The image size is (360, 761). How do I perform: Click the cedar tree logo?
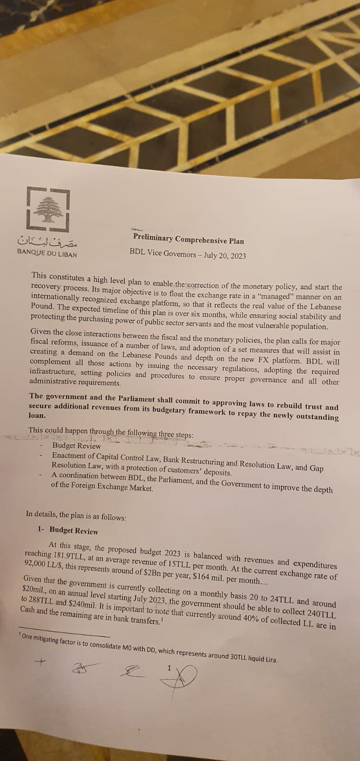coord(47,209)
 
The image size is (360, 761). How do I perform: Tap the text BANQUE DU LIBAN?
coord(47,254)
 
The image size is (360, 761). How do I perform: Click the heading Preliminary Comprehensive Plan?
coord(188,238)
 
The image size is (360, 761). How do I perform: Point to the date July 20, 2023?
coord(224,255)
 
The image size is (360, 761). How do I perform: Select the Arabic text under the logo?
coord(47,242)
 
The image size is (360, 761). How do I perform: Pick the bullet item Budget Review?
coord(77,446)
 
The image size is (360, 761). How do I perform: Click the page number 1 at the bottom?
coord(169,668)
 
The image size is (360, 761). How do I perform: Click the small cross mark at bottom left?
coord(41,661)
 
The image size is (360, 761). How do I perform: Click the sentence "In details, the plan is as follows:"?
coord(76,514)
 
